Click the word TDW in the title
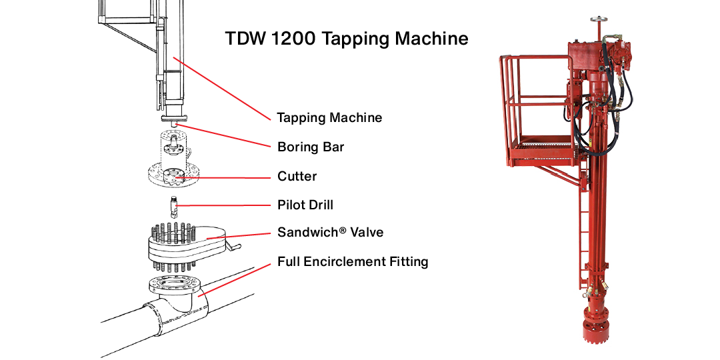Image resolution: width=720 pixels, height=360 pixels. click(x=245, y=39)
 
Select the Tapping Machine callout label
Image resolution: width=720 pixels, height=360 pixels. click(x=329, y=118)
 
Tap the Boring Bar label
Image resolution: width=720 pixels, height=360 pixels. click(x=311, y=147)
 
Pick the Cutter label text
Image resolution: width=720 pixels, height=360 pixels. click(x=297, y=177)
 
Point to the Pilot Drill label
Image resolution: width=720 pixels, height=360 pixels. click(x=305, y=205)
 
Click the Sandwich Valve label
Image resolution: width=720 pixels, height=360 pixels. click(x=330, y=233)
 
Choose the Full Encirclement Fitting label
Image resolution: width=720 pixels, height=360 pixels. click(x=353, y=262)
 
